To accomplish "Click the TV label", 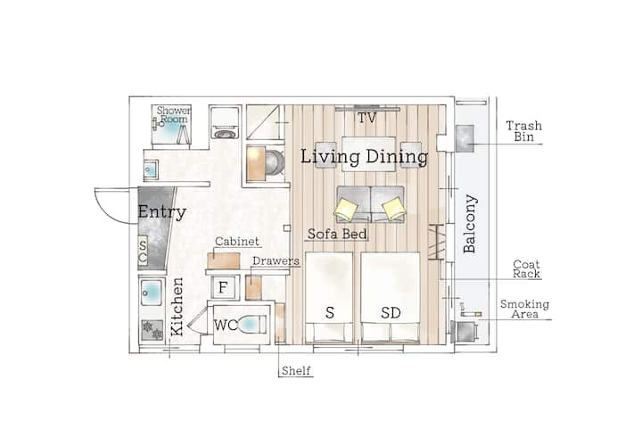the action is [x=366, y=119].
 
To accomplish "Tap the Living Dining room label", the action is [x=365, y=157].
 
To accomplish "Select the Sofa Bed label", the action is [x=337, y=234].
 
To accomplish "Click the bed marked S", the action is [x=329, y=297].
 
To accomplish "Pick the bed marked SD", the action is [x=391, y=297].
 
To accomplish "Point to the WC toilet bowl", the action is [x=252, y=325].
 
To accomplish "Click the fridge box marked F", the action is [x=223, y=287].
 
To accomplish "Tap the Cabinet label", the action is [x=237, y=242].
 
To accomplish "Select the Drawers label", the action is [x=276, y=260].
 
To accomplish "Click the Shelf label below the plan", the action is [x=296, y=371].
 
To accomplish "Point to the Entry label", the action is [x=162, y=211].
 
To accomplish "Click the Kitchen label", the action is [x=177, y=307].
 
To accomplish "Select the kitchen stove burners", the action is [x=152, y=330].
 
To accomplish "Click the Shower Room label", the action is [x=174, y=115].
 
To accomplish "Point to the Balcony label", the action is [x=470, y=224].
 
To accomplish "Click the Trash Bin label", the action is [x=524, y=131].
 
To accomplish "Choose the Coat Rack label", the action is [x=527, y=269].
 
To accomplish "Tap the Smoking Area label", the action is [x=524, y=310].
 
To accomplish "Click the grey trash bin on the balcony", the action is [x=465, y=138].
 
